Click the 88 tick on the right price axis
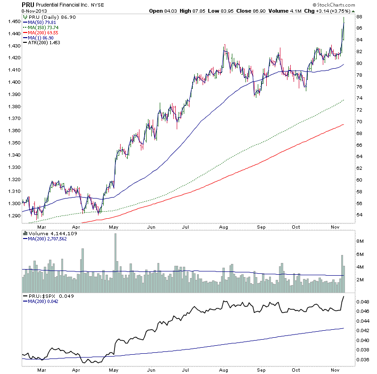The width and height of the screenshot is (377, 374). pos(359,17)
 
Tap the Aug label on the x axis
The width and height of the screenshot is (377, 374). pos(223,227)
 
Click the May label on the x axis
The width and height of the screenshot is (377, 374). pos(114,227)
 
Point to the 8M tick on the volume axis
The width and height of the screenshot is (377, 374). pos(360,241)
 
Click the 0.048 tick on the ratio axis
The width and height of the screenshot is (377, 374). pos(363,302)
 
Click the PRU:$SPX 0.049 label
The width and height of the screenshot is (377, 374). pos(47,296)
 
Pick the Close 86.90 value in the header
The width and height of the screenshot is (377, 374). pos(248,10)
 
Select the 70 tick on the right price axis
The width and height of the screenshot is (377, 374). pos(359,122)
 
